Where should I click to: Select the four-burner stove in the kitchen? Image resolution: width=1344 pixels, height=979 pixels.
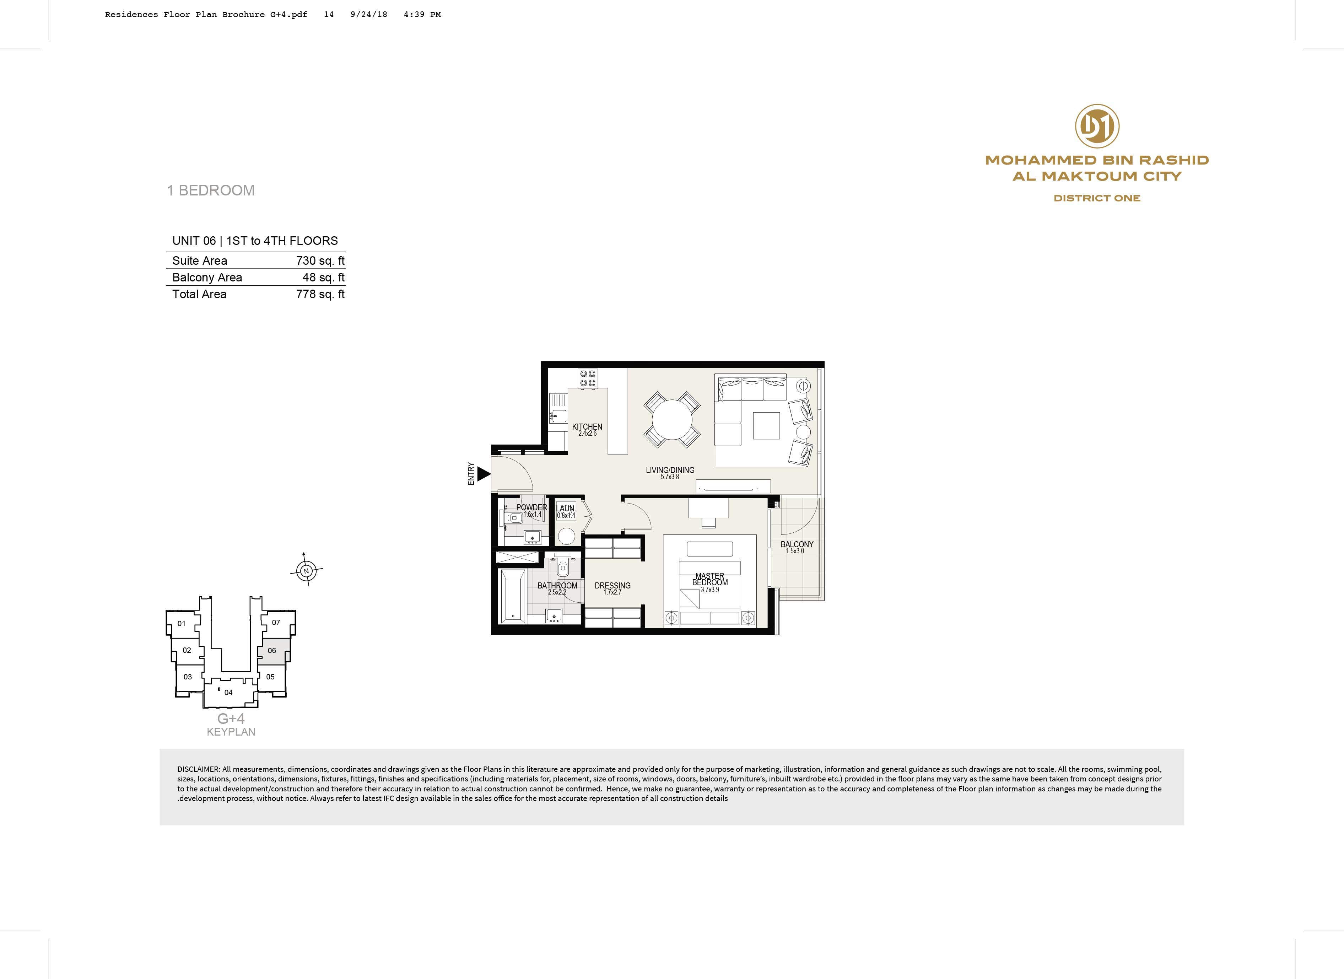pyautogui.click(x=588, y=378)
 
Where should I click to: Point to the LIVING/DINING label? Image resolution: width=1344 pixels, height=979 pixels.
pyautogui.click(x=670, y=470)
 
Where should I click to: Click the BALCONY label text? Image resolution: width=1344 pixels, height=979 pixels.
pyautogui.click(x=797, y=544)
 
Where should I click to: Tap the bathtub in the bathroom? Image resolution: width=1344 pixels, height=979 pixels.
pyautogui.click(x=513, y=596)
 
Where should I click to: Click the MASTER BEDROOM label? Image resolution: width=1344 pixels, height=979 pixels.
pyautogui.click(x=710, y=579)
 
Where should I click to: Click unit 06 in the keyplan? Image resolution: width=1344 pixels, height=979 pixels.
pyautogui.click(x=272, y=651)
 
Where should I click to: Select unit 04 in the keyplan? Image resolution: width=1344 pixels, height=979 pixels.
pyautogui.click(x=229, y=692)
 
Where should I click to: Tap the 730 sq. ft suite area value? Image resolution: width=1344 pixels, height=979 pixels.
pyautogui.click(x=320, y=261)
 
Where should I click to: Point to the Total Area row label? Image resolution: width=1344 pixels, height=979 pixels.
pyautogui.click(x=199, y=294)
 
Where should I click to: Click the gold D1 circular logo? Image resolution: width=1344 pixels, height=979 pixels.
pyautogui.click(x=1097, y=126)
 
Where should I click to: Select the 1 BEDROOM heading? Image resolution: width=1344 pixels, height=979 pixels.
pyautogui.click(x=211, y=190)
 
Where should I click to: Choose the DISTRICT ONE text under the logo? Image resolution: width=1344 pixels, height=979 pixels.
pyautogui.click(x=1097, y=198)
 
